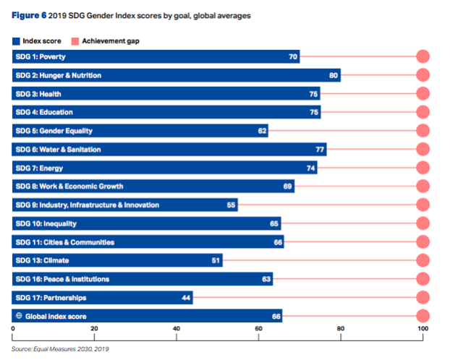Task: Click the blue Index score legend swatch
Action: pyautogui.click(x=16, y=41)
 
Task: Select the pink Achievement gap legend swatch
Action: pyautogui.click(x=75, y=41)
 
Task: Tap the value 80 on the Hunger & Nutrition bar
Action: pyautogui.click(x=334, y=75)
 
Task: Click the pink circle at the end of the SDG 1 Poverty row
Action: pyautogui.click(x=423, y=56)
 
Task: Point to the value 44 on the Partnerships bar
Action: pyautogui.click(x=186, y=298)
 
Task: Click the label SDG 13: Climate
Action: pyautogui.click(x=42, y=260)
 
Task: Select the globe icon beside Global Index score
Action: pyautogui.click(x=19, y=315)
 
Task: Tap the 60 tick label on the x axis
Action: pyautogui.click(x=258, y=328)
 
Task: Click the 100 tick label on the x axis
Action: pyautogui.click(x=423, y=328)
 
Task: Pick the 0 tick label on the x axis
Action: pyautogui.click(x=13, y=328)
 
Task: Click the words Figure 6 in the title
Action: pyautogui.click(x=29, y=15)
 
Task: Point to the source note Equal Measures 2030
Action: pyautogui.click(x=60, y=349)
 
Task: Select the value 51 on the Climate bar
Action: pyautogui.click(x=216, y=260)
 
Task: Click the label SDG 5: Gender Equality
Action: pyautogui.click(x=54, y=131)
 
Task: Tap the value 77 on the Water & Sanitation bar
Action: pyautogui.click(x=320, y=150)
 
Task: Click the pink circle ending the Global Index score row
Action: pyautogui.click(x=423, y=316)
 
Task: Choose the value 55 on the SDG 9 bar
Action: pyautogui.click(x=231, y=205)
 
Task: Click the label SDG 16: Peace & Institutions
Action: pyautogui.click(x=62, y=279)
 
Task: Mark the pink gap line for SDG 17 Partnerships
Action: pyautogui.click(x=305, y=297)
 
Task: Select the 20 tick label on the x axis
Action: pyautogui.click(x=94, y=328)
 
